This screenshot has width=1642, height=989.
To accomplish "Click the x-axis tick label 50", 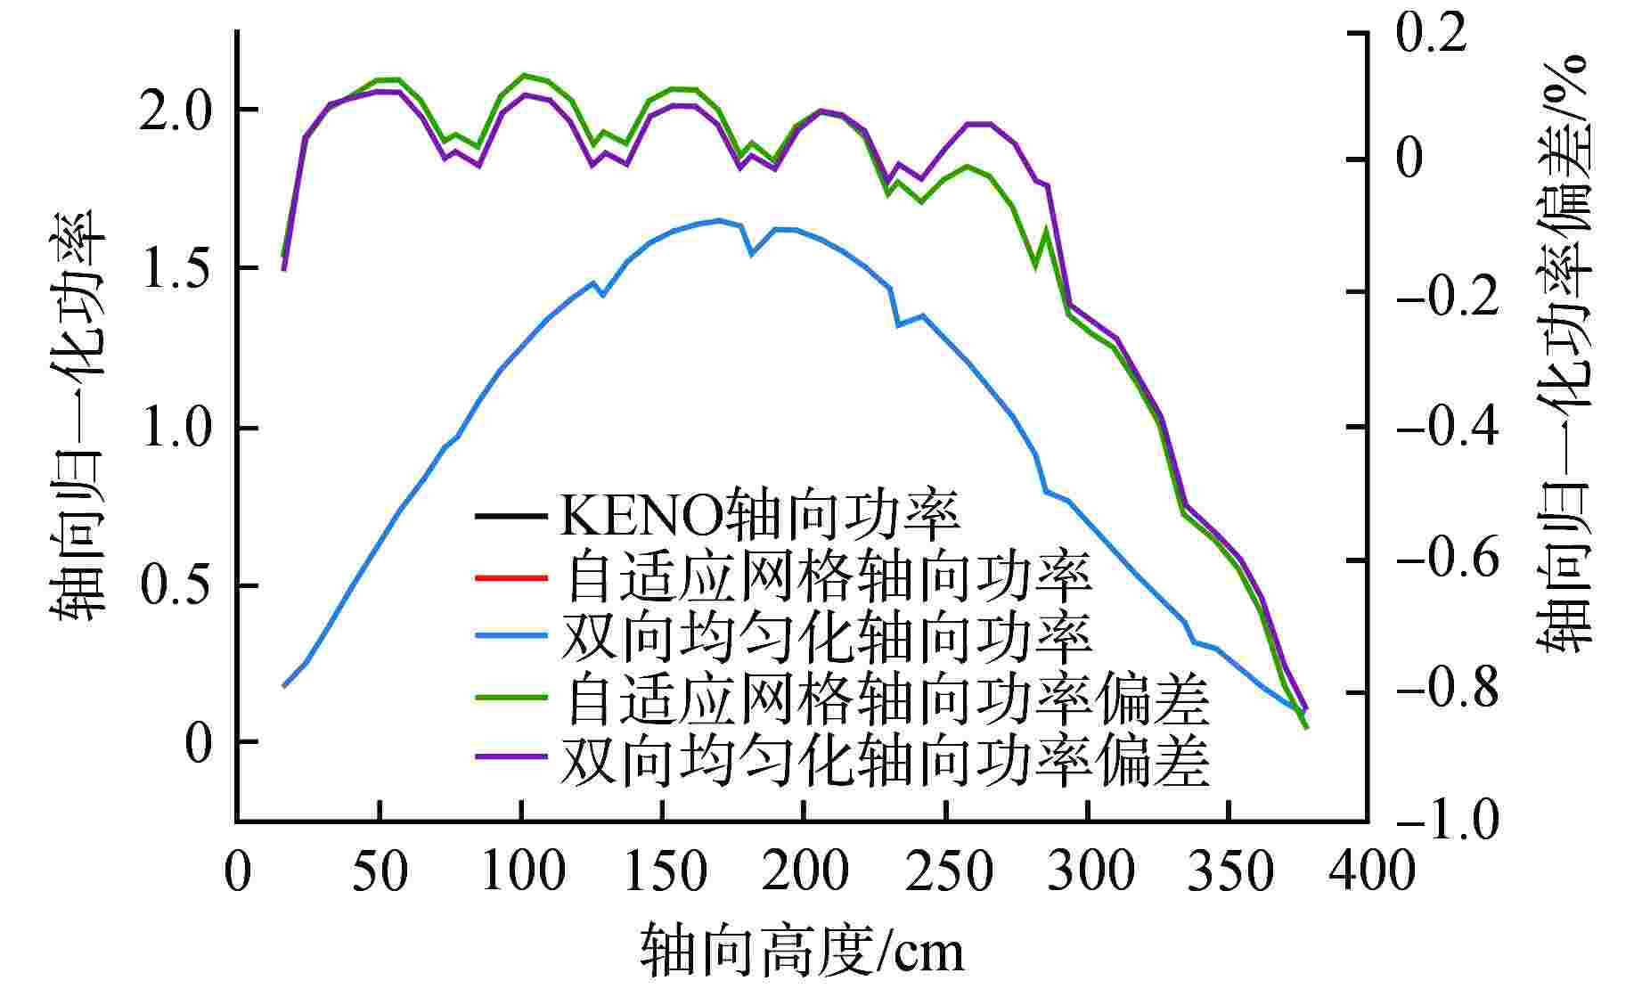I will (380, 871).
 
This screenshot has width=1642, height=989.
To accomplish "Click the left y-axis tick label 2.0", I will (176, 110).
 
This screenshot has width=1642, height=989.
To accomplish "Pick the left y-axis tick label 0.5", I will (176, 585).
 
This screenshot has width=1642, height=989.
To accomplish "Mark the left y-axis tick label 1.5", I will (176, 268).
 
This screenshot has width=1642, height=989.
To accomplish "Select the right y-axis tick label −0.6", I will (1445, 560).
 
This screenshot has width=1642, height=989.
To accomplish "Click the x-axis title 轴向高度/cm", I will (802, 952).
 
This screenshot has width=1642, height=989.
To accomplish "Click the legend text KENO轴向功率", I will (759, 515).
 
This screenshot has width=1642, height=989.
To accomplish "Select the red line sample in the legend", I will (511, 578).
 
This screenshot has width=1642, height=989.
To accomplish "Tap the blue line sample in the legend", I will (511, 635).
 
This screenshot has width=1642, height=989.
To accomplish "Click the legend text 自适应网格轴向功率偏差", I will (886, 700).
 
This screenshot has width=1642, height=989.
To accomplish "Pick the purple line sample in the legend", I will (511, 756).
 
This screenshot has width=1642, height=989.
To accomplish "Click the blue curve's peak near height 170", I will (718, 220).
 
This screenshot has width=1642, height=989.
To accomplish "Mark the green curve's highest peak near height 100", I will (523, 75).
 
